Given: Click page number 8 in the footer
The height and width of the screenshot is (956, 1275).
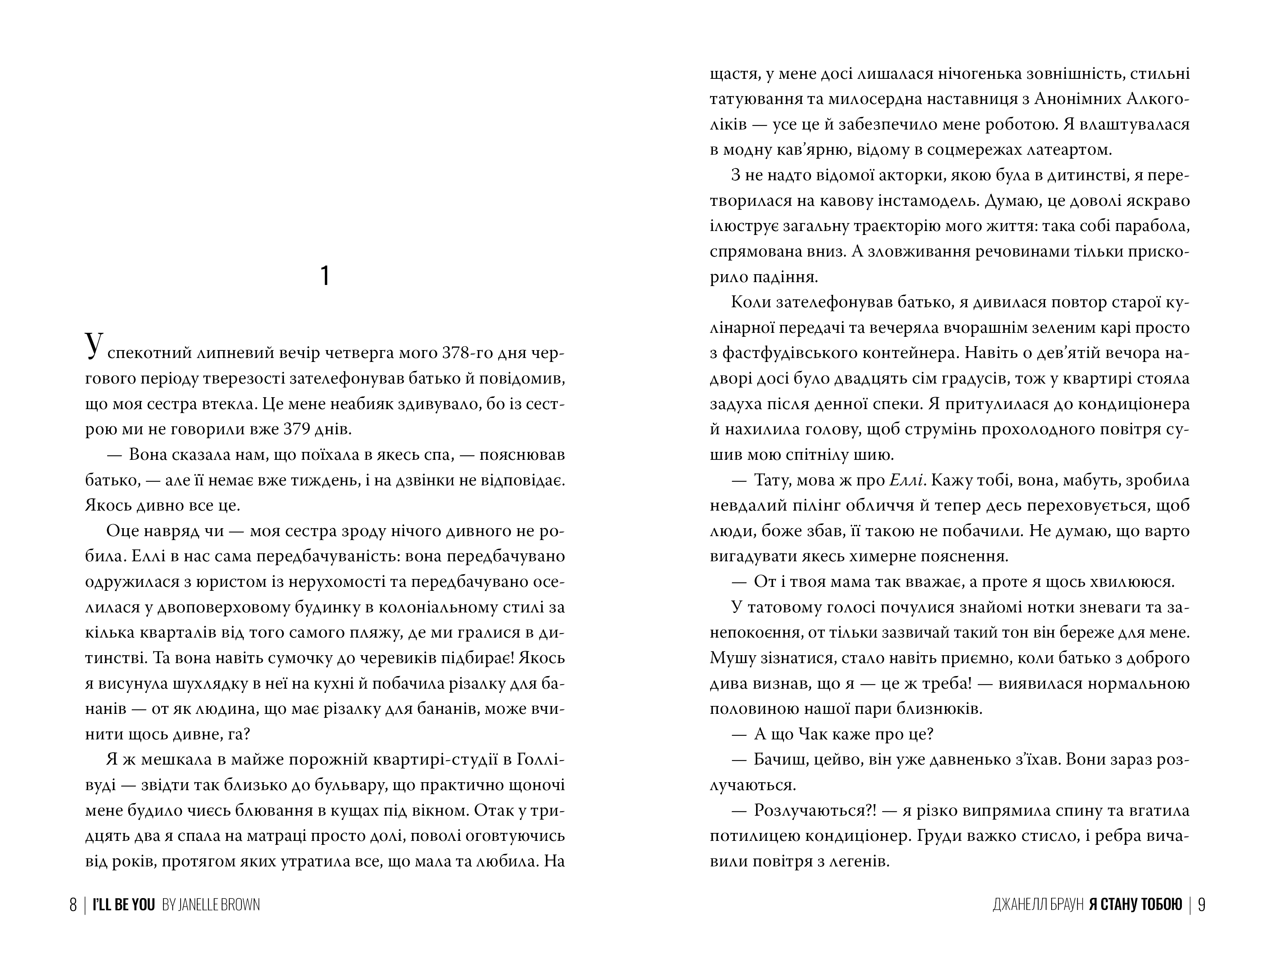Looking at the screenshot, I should tap(73, 905).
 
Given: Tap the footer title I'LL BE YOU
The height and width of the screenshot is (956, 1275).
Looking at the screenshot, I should tap(124, 905).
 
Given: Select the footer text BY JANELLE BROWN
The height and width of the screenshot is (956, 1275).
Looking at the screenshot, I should tap(211, 905).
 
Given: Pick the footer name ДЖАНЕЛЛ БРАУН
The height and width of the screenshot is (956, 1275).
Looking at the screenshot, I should tap(1037, 905).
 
